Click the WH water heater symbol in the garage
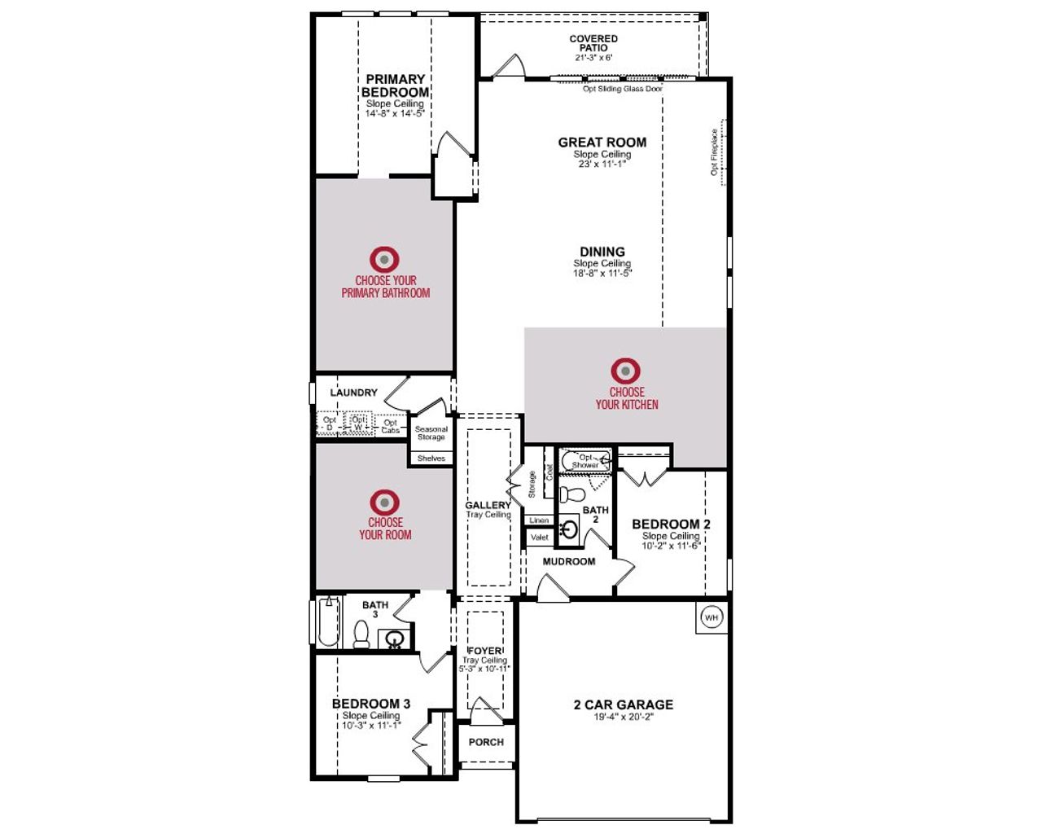pos(711,617)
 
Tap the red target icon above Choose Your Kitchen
pos(625,371)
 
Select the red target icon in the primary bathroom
pos(385,260)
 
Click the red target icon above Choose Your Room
pos(385,502)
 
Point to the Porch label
pos(486,742)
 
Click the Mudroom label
pos(569,561)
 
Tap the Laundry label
pos(353,393)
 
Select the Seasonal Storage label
pos(431,433)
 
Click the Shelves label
pos(431,459)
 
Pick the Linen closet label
pos(539,520)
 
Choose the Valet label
pos(539,538)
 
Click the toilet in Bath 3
pos(361,634)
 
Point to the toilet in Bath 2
pos(572,494)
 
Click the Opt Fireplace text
pos(714,152)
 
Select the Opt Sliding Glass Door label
pos(623,89)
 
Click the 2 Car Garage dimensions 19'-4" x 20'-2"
pos(623,718)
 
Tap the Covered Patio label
pos(593,43)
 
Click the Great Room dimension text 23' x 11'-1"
pos(602,164)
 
